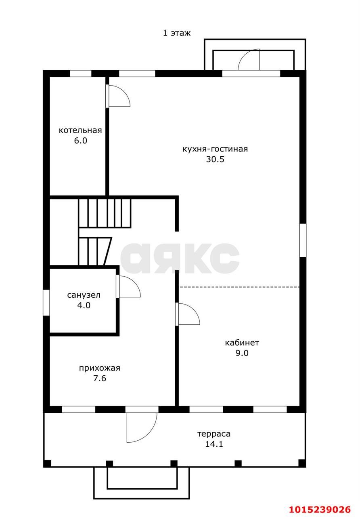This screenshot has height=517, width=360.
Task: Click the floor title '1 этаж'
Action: click(177, 33)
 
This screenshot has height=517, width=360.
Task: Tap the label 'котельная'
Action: click(80, 130)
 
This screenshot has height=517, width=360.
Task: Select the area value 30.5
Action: click(215, 159)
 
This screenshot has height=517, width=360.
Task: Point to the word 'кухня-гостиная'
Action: click(215, 149)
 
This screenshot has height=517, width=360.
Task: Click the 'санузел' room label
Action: click(84, 295)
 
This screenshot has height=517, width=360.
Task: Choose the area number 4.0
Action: click(84, 305)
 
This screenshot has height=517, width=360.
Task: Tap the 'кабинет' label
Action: click(242, 343)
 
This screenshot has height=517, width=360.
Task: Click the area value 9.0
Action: click(242, 353)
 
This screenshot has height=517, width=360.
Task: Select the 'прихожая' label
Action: click(100, 368)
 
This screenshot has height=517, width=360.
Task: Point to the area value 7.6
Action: click(100, 378)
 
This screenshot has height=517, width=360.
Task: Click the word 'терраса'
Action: click(214, 434)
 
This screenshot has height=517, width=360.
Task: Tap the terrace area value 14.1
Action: click(214, 444)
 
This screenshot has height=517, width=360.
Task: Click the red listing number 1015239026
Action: click(320, 509)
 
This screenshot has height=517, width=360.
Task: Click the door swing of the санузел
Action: click(135, 282)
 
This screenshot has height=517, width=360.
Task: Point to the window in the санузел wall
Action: click(46, 303)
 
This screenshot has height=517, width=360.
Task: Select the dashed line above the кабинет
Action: click(240, 287)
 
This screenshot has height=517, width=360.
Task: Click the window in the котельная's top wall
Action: click(80, 74)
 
